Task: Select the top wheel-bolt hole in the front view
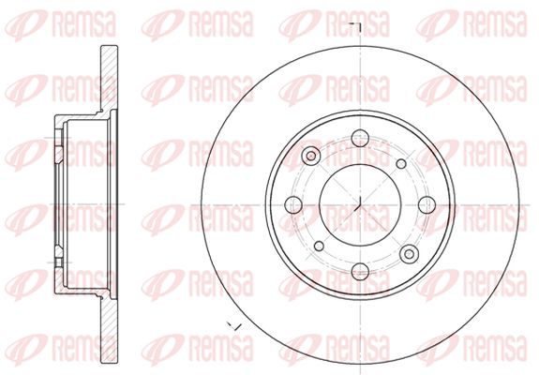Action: pos(360,138)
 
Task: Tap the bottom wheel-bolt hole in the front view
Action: pos(360,272)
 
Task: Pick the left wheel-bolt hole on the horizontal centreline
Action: pos(293,205)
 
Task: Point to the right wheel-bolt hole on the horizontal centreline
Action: pos(427,205)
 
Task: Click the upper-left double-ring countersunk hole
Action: pos(311,156)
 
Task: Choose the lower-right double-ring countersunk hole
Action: pos(409,254)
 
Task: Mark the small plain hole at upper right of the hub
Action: pos(401,164)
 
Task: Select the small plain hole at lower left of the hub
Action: pos(319,247)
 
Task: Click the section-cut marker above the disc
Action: pos(356,28)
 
